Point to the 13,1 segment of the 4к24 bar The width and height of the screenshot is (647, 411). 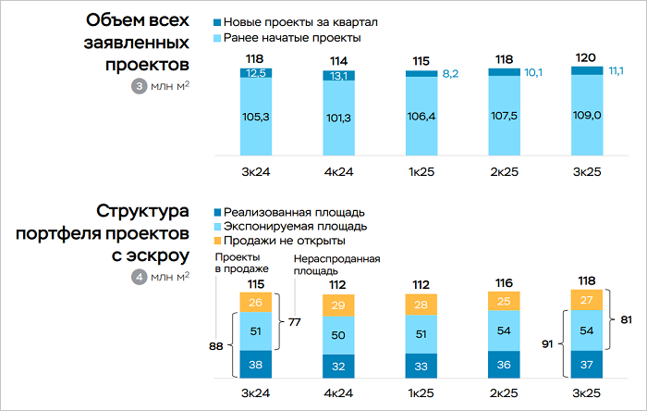tap(339, 76)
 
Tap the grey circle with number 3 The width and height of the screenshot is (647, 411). tap(140, 87)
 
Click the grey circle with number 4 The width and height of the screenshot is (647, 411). tap(140, 275)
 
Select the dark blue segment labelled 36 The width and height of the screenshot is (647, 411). tap(505, 365)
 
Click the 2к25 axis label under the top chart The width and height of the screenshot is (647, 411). tap(505, 172)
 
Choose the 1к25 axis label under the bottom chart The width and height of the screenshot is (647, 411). tap(421, 394)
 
